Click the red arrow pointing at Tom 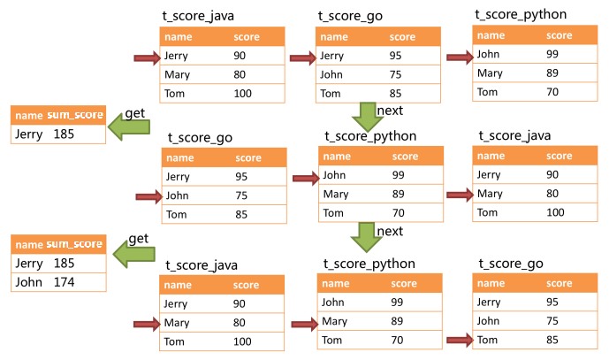coord(460,339)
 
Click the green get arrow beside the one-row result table coord(127,131)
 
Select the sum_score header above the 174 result coord(75,244)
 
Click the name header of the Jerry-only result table coord(28,116)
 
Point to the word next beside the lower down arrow coord(390,231)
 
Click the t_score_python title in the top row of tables coord(521,14)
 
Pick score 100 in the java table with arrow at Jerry coord(243,94)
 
